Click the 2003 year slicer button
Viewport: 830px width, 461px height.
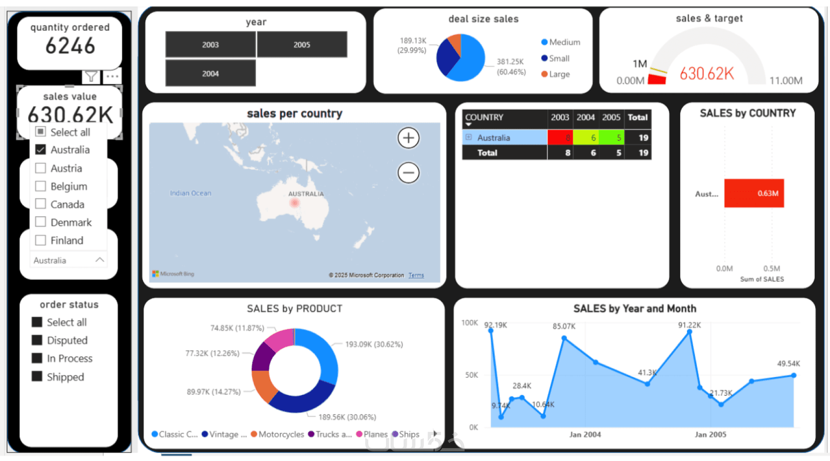tap(210, 45)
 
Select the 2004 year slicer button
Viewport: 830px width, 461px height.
tap(210, 74)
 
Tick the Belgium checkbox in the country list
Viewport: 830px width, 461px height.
tap(41, 186)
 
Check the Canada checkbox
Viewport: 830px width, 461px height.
tap(41, 204)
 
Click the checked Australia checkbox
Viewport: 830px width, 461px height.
tap(41, 150)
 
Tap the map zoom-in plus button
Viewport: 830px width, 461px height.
tap(408, 138)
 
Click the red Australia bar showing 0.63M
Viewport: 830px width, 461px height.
tap(753, 193)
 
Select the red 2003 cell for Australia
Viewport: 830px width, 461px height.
tap(560, 137)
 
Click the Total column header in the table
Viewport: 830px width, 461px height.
tap(637, 118)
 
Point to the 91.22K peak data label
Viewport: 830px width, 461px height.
tap(689, 325)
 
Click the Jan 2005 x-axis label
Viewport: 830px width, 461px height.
tap(710, 434)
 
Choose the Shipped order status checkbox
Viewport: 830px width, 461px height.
tap(37, 377)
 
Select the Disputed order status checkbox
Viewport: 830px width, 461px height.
tap(37, 340)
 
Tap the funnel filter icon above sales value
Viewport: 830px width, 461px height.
tap(91, 77)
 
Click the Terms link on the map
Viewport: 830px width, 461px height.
tap(416, 275)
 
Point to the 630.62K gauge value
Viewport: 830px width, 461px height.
tap(706, 74)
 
